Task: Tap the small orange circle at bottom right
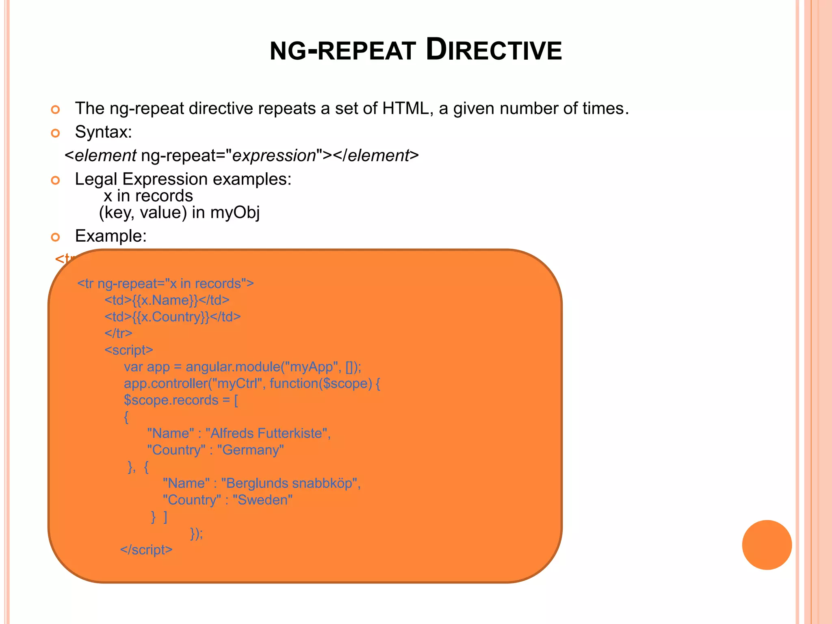(767, 545)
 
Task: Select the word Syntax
(103, 132)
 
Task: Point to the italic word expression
(274, 156)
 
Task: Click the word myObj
(235, 212)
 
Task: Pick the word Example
(110, 236)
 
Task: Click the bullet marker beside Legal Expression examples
(56, 180)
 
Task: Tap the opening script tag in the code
(129, 350)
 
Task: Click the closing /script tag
(146, 550)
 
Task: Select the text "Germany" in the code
(250, 450)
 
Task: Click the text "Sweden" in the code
(262, 500)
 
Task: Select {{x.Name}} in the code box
(165, 300)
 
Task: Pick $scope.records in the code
(171, 400)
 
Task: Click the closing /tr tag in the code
(118, 333)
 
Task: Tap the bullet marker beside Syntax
(56, 133)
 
